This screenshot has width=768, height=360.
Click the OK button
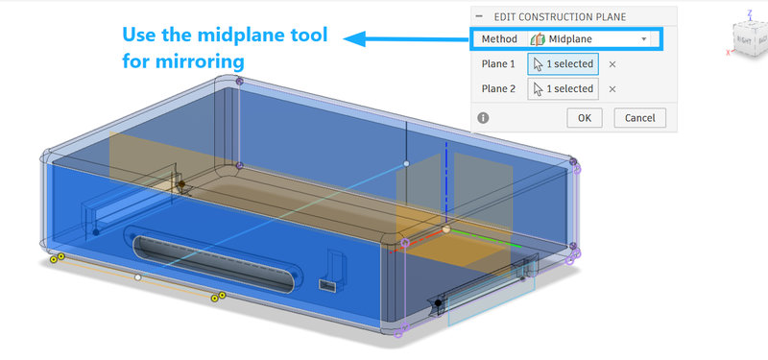585,118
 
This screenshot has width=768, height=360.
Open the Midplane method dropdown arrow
644,39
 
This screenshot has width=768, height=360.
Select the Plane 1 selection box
563,64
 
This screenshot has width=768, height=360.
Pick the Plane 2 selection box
563,89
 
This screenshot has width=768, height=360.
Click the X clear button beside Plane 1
612,64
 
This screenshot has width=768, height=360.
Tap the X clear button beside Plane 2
612,89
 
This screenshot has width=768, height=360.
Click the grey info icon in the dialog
483,118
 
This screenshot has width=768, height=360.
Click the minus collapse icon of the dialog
479,16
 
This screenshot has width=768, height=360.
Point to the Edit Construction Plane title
560,17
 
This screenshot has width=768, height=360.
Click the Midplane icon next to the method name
538,39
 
